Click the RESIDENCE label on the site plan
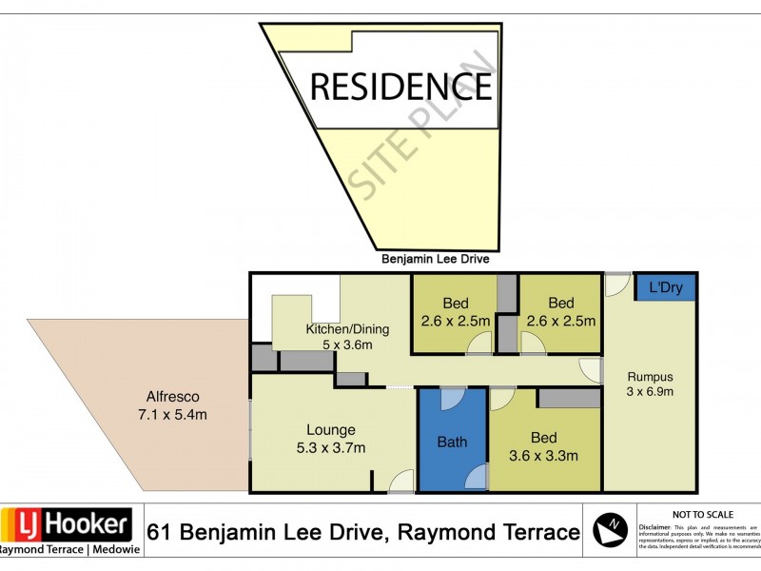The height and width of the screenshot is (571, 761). (x=401, y=86)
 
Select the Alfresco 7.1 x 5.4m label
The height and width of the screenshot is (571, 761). (x=170, y=405)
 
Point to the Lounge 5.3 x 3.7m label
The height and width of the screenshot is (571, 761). (x=331, y=439)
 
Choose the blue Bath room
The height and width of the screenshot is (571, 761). (x=453, y=442)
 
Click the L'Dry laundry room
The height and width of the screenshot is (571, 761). (x=665, y=287)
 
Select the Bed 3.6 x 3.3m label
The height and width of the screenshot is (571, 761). (x=544, y=446)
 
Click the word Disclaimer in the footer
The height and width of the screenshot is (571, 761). (x=654, y=525)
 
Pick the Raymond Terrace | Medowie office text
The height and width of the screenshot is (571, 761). (x=67, y=550)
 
